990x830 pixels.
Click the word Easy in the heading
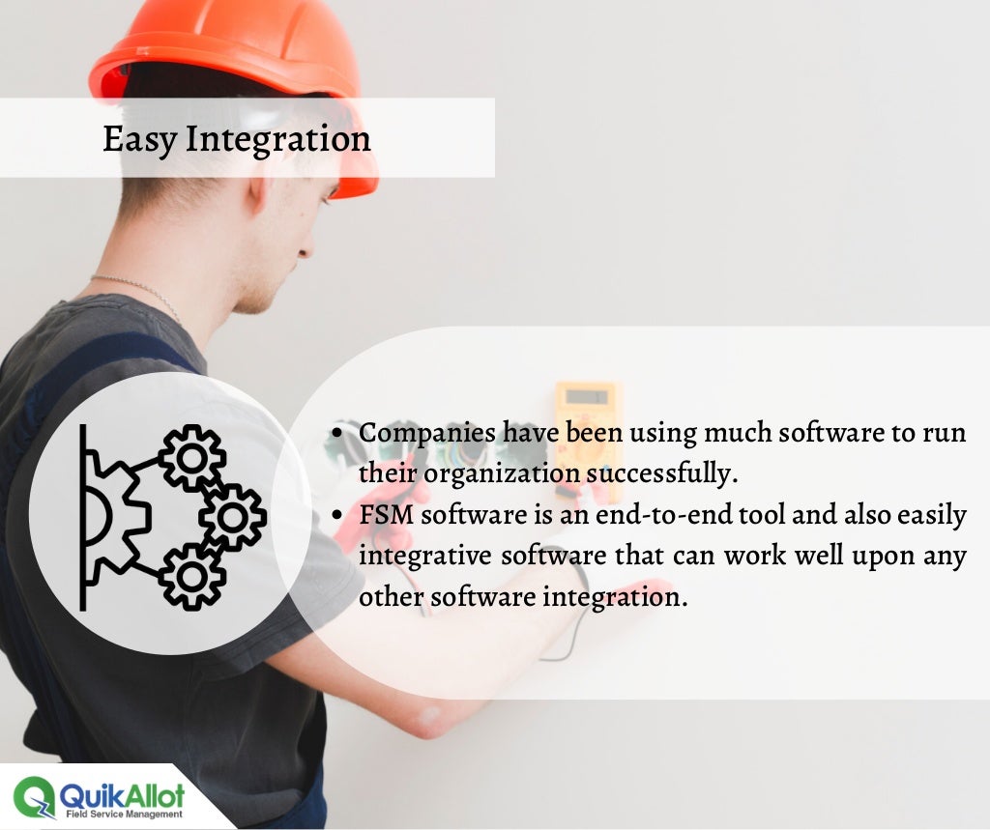coord(140,140)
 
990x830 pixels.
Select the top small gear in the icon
coord(191,457)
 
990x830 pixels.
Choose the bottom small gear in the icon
coord(191,576)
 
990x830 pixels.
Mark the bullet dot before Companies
coord(337,434)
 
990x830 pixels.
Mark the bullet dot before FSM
coord(337,516)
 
